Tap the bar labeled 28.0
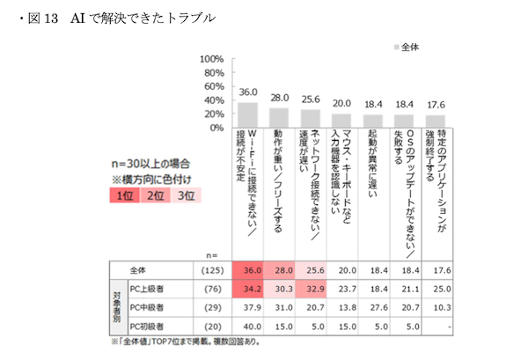point(279,118)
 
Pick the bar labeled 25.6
point(310,119)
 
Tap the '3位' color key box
point(182,195)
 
